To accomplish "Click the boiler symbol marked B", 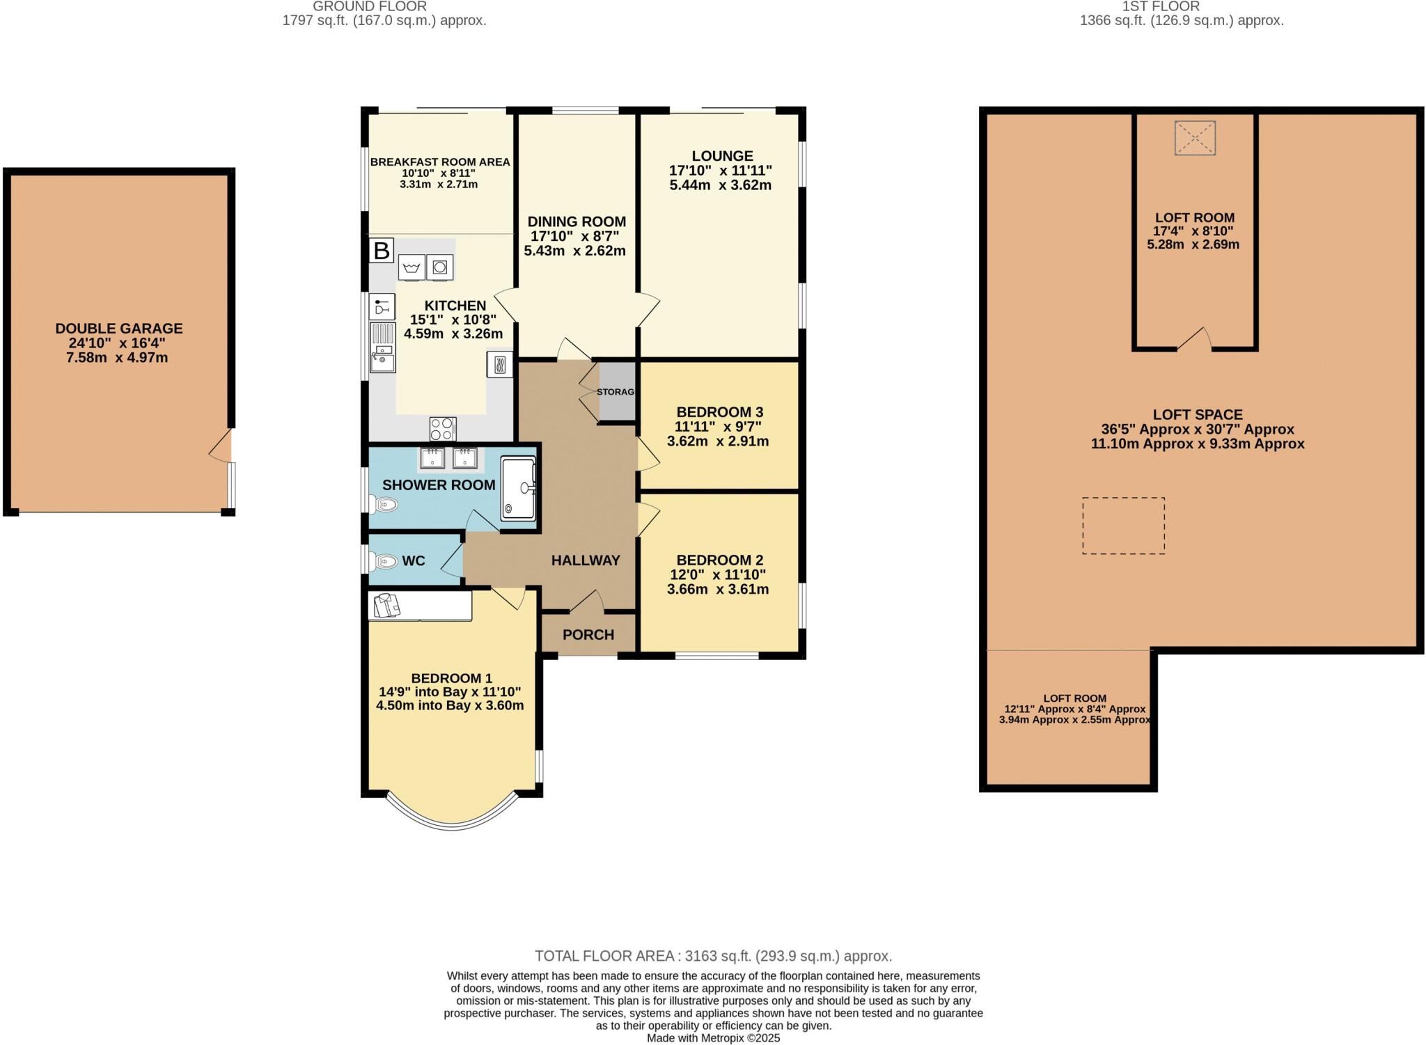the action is point(382,250).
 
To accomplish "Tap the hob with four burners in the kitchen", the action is point(443,428).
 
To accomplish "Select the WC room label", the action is point(414,561).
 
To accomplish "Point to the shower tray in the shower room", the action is point(518,488).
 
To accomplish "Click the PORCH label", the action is point(588,635).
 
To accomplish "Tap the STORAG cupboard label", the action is point(616,392).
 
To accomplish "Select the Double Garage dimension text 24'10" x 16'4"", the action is point(119,343).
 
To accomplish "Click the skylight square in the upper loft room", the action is point(1195,138).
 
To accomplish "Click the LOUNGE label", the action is point(722,156).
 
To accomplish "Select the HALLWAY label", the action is point(586,560).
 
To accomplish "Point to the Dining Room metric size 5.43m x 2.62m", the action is point(575,251).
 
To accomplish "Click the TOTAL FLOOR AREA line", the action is point(713,956).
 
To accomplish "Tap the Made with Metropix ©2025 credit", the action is point(714,1038).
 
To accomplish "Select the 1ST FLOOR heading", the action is point(1170,6).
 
